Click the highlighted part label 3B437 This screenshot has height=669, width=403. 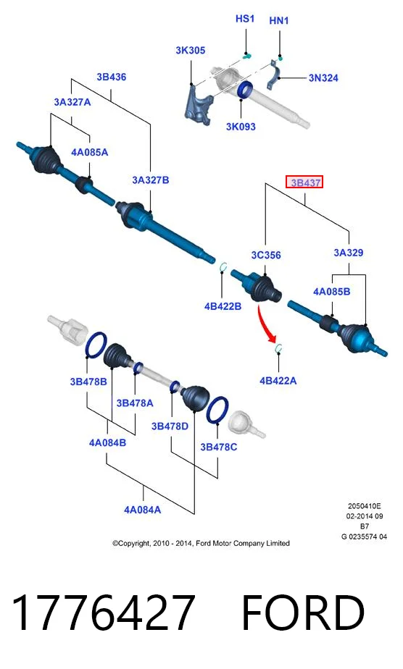[x=304, y=182]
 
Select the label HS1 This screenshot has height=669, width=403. [x=245, y=19]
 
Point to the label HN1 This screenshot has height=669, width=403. [x=279, y=20]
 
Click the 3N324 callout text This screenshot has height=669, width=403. [x=323, y=77]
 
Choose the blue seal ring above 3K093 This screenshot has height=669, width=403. [x=244, y=90]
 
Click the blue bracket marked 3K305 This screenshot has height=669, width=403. [x=198, y=106]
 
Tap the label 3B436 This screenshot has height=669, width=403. [x=111, y=77]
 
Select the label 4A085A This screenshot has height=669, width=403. [x=89, y=152]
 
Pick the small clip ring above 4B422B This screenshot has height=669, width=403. [x=222, y=266]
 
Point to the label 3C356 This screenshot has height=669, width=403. [x=266, y=255]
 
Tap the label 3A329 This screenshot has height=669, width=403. [x=349, y=253]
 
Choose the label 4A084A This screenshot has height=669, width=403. [x=143, y=510]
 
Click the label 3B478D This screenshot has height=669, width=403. [x=170, y=426]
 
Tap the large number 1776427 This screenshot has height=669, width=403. [x=104, y=613]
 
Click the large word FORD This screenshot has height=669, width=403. [x=304, y=613]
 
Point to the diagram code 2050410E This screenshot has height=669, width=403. [x=364, y=506]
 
